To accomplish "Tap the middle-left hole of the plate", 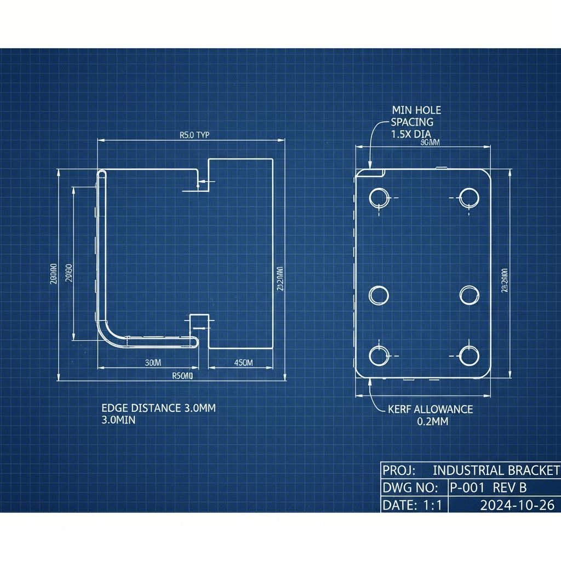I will (x=379, y=295).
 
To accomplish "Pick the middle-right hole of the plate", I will (x=470, y=295).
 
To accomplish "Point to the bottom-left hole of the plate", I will (x=379, y=356).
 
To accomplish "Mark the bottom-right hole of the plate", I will (x=470, y=356).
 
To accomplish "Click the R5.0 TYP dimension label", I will (x=194, y=135).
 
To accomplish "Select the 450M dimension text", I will (x=243, y=363).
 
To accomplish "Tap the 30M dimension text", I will (x=153, y=363).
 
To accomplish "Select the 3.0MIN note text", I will (x=118, y=420).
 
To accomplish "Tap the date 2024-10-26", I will (x=517, y=505).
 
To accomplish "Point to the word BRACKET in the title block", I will (x=532, y=470).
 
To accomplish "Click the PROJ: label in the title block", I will (x=399, y=470).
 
